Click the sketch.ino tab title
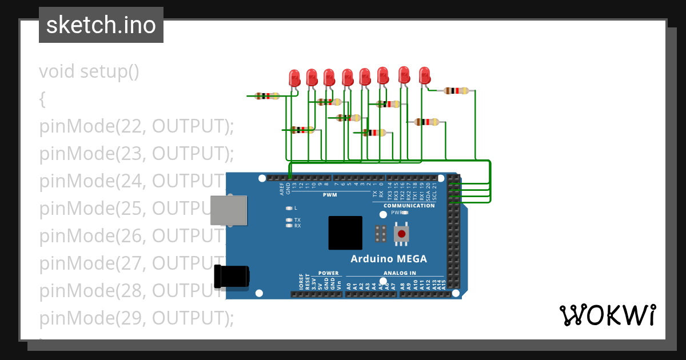pyautogui.click(x=101, y=25)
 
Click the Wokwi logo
pyautogui.click(x=607, y=315)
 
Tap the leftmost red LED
pyautogui.click(x=294, y=78)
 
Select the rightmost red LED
pyautogui.click(x=424, y=75)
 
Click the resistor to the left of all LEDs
pyautogui.click(x=266, y=96)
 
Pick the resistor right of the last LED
pyautogui.click(x=456, y=90)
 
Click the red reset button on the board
pyautogui.click(x=402, y=233)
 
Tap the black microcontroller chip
pyautogui.click(x=345, y=233)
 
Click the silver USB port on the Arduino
pyautogui.click(x=229, y=210)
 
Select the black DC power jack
pyautogui.click(x=231, y=276)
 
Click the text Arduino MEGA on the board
pyautogui.click(x=389, y=259)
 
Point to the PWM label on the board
pyautogui.click(x=330, y=195)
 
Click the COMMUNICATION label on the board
pyautogui.click(x=409, y=206)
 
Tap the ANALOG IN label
pyautogui.click(x=400, y=273)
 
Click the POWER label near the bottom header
pyautogui.click(x=328, y=273)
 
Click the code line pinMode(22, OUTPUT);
pyautogui.click(x=137, y=126)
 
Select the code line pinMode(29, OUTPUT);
pyautogui.click(x=137, y=318)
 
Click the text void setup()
pyautogui.click(x=89, y=72)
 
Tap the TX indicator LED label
pyautogui.click(x=297, y=220)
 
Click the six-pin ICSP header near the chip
pyautogui.click(x=381, y=233)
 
